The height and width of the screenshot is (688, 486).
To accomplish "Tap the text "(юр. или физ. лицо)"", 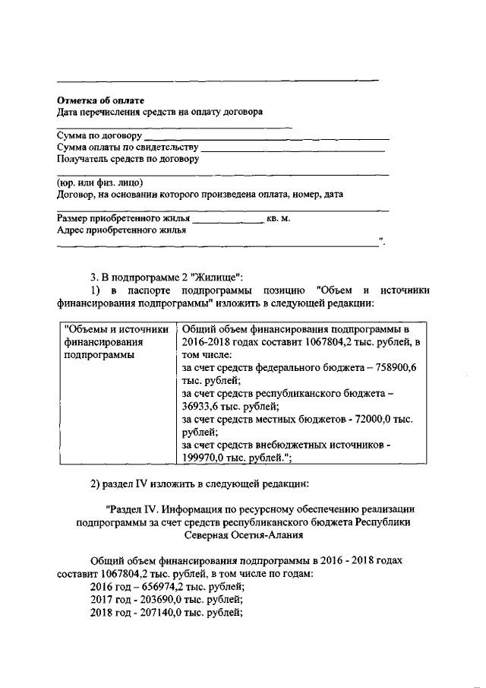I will [99, 182].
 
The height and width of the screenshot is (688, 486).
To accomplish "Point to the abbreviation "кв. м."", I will [279, 218].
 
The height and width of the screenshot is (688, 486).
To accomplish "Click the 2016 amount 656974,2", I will [153, 587].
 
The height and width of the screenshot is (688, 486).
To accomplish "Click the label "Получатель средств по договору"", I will [128, 159].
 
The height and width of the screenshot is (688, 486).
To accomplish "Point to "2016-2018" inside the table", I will [205, 341].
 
